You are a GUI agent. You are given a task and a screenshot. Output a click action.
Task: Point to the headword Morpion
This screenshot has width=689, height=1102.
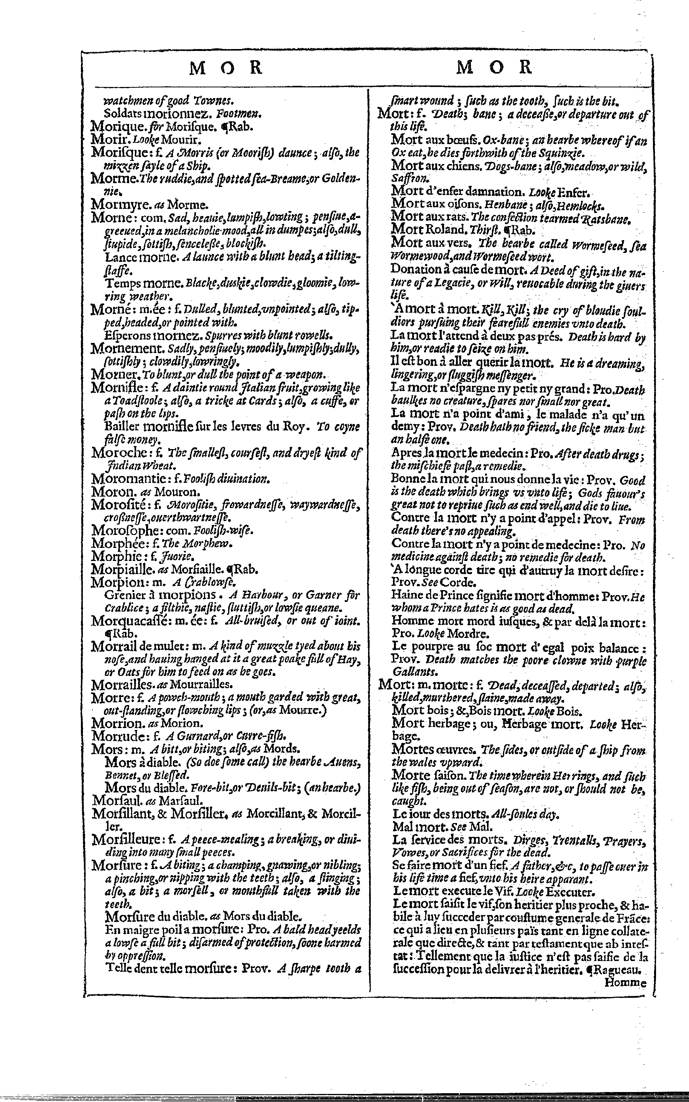click(x=112, y=582)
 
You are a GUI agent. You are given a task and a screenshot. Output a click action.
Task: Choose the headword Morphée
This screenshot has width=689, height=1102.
click(x=113, y=543)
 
